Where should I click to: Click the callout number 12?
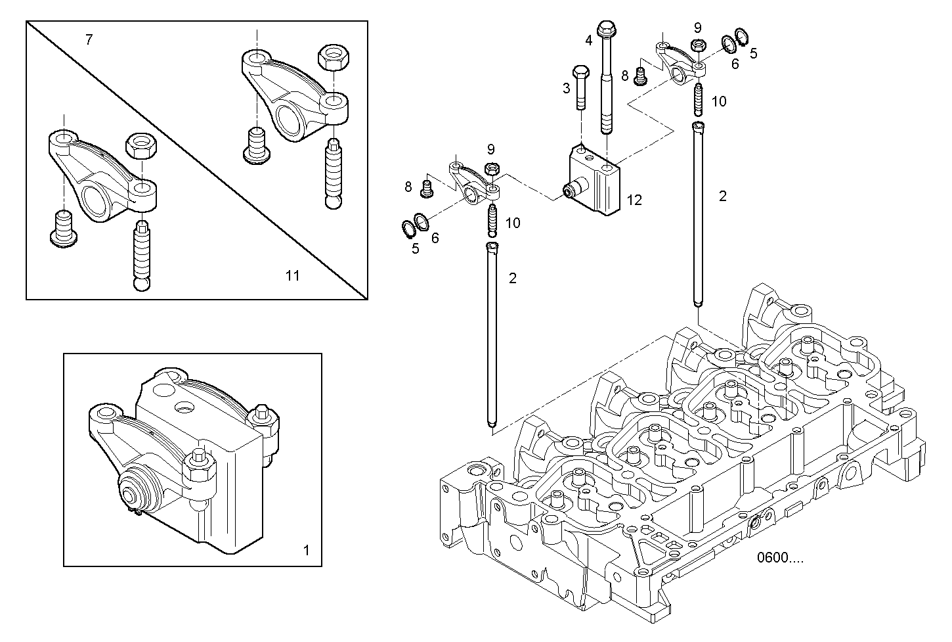(634, 200)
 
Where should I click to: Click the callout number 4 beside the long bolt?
(588, 40)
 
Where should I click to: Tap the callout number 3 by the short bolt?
(567, 87)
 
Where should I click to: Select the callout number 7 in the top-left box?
(89, 40)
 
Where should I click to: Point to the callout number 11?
(292, 275)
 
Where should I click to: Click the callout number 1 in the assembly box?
(305, 550)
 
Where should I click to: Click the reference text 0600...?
(779, 558)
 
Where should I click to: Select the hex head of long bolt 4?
(605, 29)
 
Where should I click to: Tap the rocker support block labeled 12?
(594, 180)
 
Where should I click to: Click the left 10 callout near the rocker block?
(513, 223)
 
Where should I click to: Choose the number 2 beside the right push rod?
(723, 196)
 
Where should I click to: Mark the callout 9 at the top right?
(697, 28)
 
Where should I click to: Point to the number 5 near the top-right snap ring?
(753, 53)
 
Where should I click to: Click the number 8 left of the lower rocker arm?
(408, 187)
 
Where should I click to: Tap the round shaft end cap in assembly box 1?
(135, 494)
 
